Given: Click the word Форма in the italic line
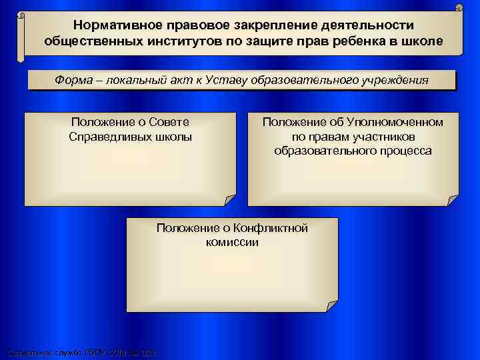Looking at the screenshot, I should (x=73, y=81).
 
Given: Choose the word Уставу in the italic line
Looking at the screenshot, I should (x=241, y=81).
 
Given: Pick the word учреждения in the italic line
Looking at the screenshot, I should (x=392, y=81).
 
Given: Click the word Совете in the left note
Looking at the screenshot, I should (x=166, y=122).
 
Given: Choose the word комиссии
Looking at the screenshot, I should (x=232, y=242).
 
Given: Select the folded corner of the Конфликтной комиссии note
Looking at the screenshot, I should (x=331, y=306).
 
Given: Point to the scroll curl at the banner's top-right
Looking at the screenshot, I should (x=459, y=8).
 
